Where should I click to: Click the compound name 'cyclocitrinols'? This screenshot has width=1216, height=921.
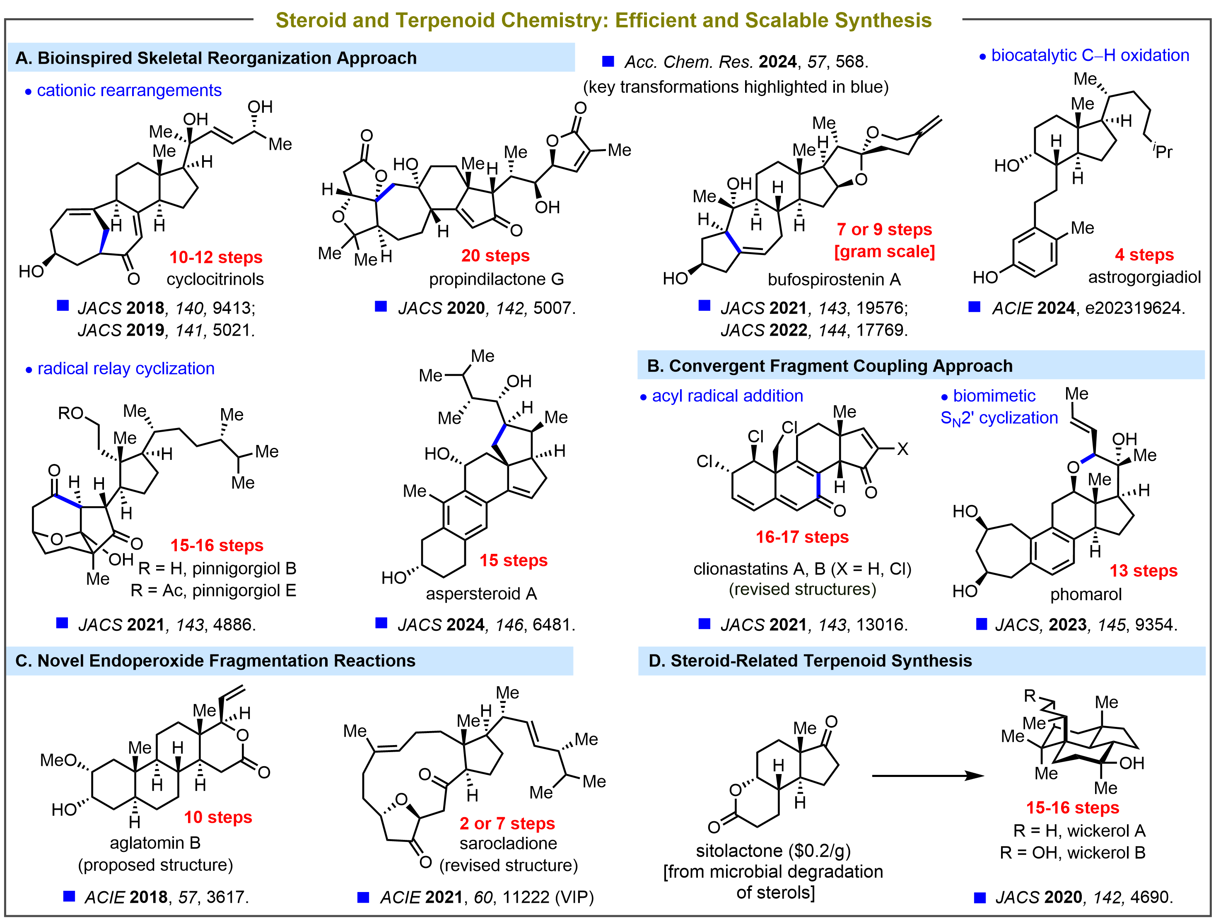[x=215, y=279]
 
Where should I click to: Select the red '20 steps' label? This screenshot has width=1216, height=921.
[x=495, y=255]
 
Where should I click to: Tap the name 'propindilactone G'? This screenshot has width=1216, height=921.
[x=497, y=279]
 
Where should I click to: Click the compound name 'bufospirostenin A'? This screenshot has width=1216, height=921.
[x=834, y=280]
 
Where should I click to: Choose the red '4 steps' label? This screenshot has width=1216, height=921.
[x=1144, y=255]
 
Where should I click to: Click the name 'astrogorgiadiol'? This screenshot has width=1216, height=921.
[x=1144, y=277]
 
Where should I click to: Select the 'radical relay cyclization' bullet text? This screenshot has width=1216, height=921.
[x=126, y=369]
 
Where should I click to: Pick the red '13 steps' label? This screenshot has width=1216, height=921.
[x=1144, y=571]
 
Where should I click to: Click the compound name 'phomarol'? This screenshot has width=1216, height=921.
[x=1086, y=594]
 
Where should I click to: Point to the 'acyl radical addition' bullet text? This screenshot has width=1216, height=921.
[x=727, y=396]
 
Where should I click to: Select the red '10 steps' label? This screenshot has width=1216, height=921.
[x=218, y=817]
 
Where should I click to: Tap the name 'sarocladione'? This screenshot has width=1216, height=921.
[x=508, y=844]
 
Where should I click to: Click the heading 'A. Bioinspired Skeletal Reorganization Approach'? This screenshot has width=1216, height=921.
[x=216, y=58]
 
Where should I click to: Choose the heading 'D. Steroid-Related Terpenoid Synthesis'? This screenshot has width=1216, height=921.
[x=810, y=661]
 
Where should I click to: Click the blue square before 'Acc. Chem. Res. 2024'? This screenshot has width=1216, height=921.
[x=608, y=62]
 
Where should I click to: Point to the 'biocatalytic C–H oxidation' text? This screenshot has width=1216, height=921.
[x=1090, y=55]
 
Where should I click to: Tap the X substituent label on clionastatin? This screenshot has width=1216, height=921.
[x=902, y=450]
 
